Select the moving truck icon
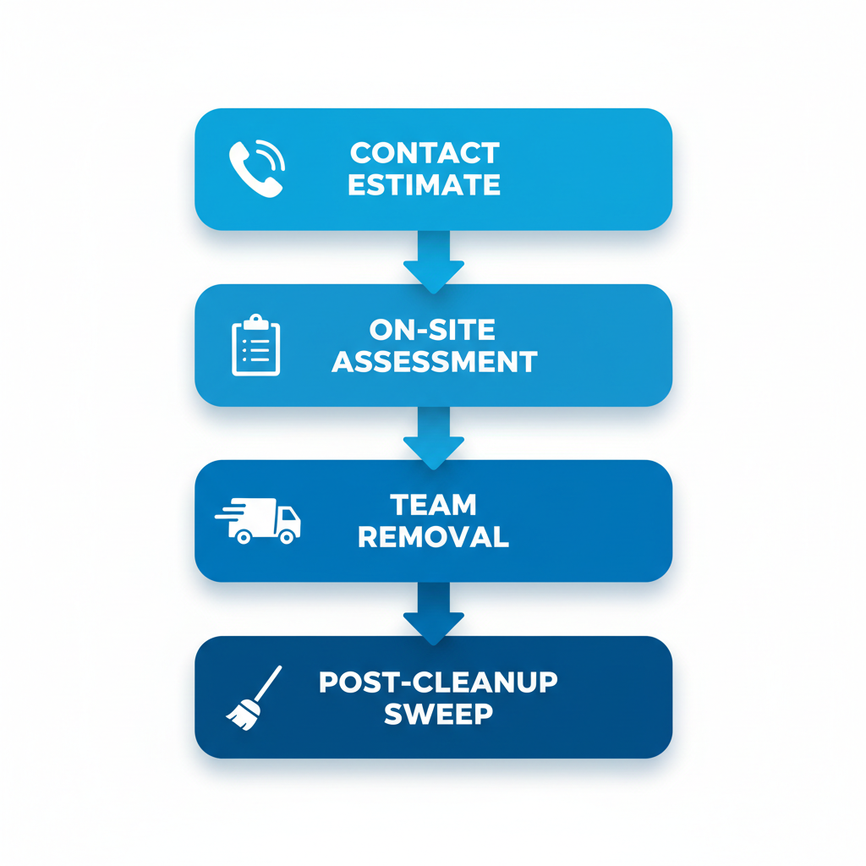[262, 520]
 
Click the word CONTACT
[425, 154]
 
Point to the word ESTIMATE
[425, 185]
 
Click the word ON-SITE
[433, 330]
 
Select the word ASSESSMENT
[434, 362]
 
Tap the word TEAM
[433, 505]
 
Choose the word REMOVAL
[433, 537]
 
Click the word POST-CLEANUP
[438, 682]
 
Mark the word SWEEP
[438, 713]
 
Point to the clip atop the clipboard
[255, 322]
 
